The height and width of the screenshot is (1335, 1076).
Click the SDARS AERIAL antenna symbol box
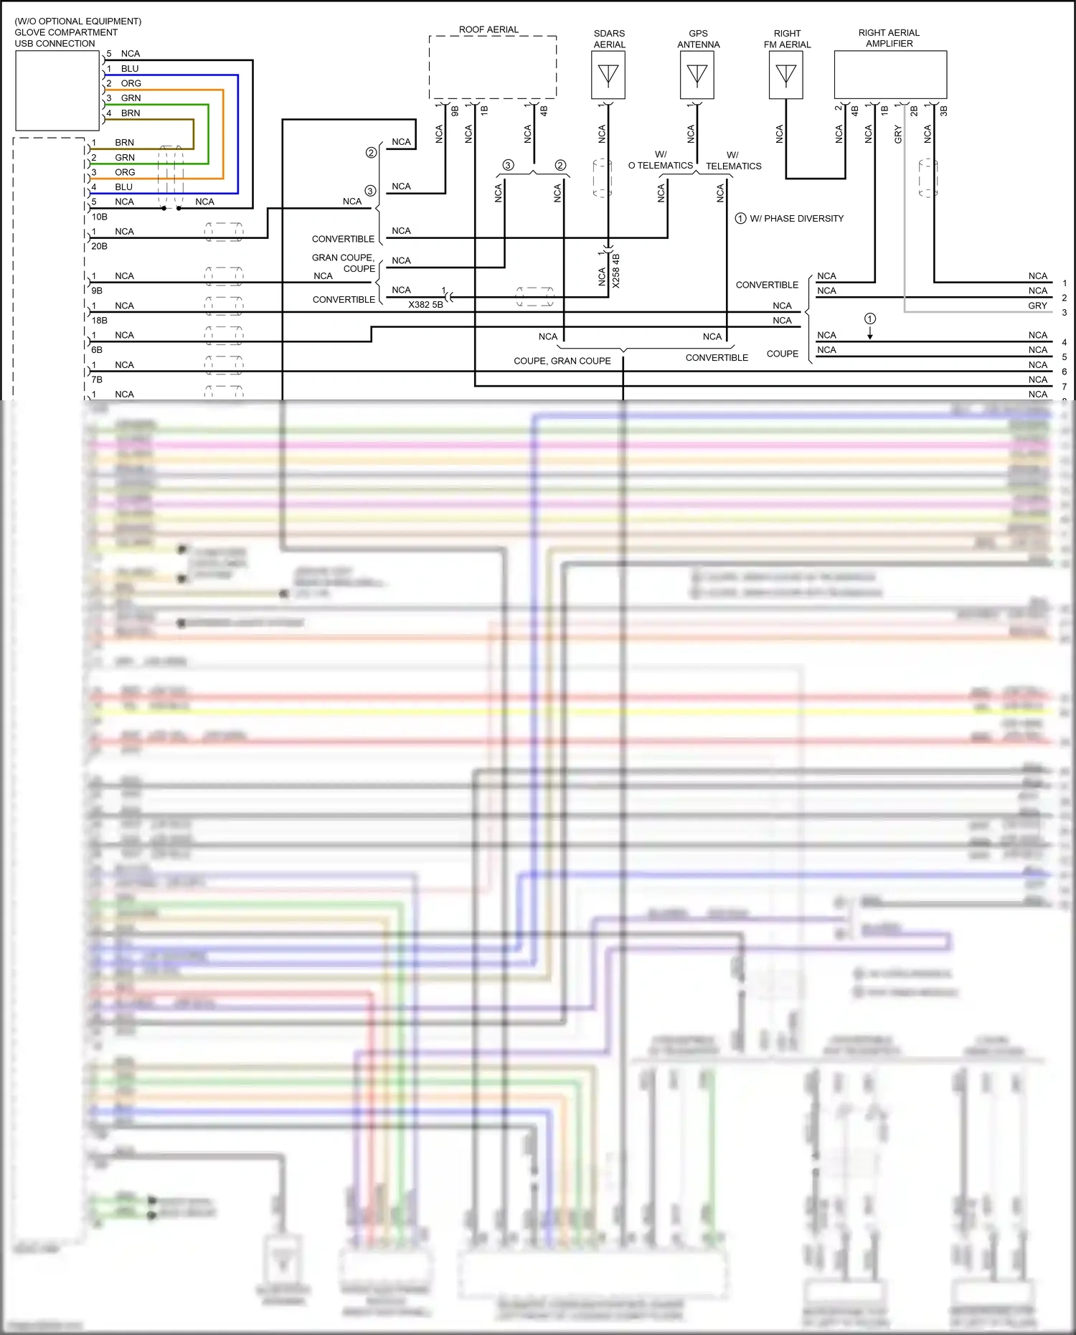608,75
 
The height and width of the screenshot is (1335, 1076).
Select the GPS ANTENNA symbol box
697,75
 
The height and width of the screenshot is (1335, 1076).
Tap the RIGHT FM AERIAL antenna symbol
785,75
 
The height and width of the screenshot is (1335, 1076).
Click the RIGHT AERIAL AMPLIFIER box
890,75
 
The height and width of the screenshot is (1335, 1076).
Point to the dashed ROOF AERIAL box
493,67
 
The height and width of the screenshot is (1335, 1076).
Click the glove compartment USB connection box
57,90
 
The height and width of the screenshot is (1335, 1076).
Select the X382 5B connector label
425,305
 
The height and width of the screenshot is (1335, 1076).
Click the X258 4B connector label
616,271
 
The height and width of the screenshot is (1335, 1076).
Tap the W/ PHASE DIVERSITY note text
796,219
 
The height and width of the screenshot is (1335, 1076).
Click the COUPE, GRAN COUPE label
562,361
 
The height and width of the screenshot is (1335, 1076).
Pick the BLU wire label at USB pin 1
130,69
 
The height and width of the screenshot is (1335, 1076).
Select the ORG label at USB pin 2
131,83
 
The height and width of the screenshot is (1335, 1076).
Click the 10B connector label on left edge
99,217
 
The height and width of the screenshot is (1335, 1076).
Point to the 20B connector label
99,246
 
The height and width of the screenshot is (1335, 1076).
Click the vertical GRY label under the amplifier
898,134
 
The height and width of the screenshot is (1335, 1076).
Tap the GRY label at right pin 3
1037,306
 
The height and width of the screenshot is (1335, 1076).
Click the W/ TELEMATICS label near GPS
733,161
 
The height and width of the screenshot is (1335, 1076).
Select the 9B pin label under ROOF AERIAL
455,111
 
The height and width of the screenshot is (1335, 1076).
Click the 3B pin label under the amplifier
944,111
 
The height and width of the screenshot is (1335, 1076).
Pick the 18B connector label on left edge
99,321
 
